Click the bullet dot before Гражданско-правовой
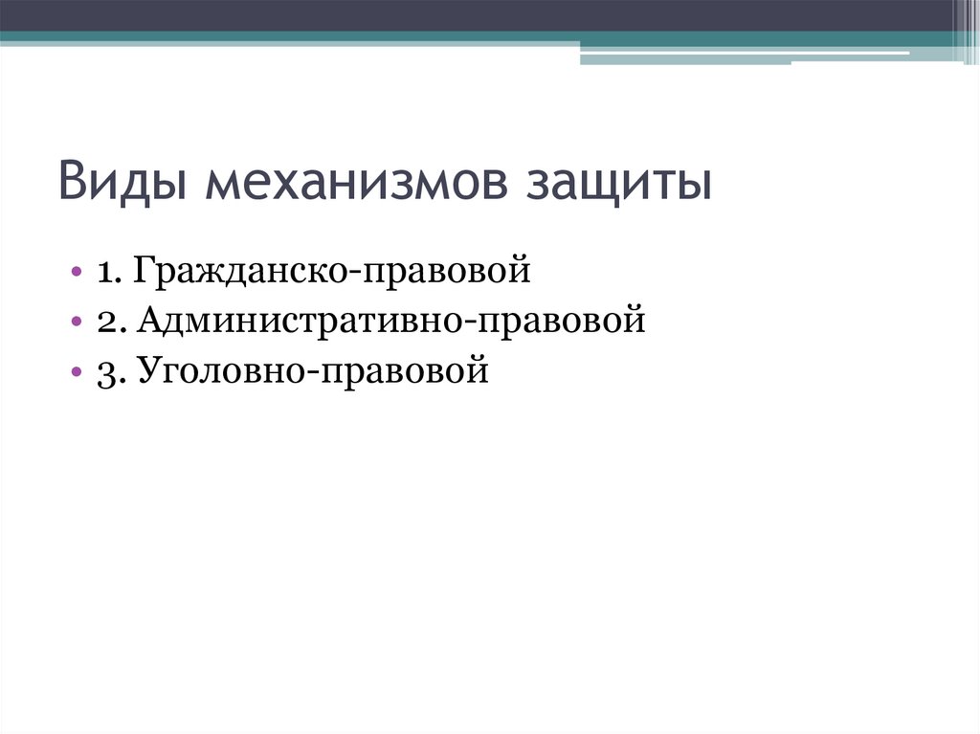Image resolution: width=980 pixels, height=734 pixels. [76, 273]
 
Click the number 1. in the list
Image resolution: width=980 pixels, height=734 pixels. [107, 273]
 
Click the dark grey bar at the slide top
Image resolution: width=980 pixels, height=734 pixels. [479, 15]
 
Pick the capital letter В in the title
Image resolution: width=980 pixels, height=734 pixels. [73, 182]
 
